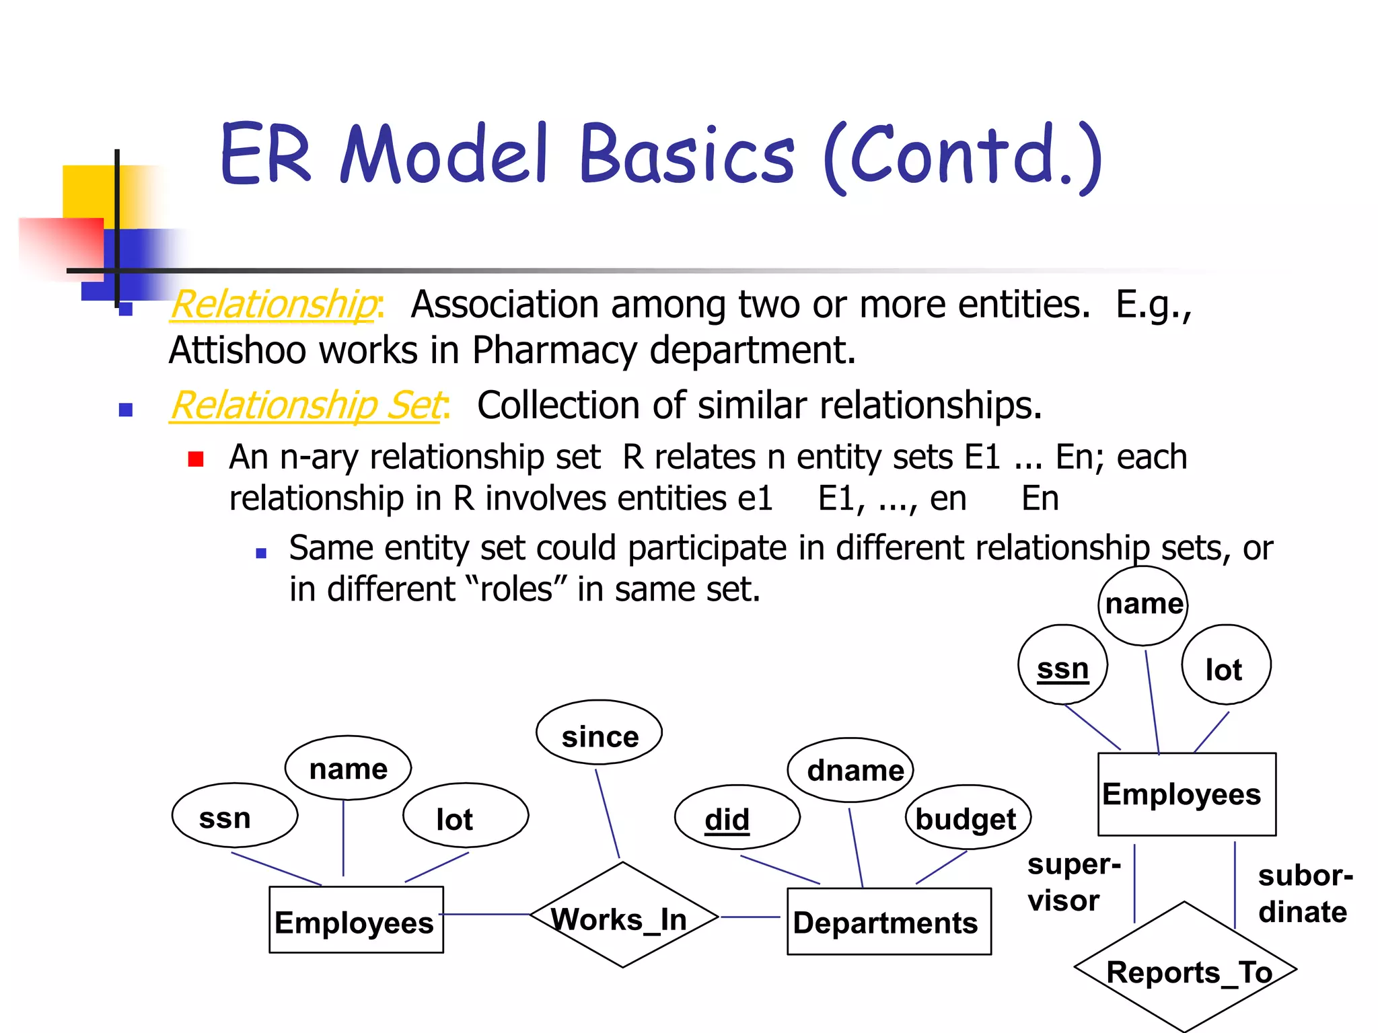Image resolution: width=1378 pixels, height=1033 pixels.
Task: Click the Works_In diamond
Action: pos(623,915)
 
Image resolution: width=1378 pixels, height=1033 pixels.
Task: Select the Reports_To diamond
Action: pos(1186,969)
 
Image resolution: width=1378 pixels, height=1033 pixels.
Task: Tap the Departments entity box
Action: pos(888,921)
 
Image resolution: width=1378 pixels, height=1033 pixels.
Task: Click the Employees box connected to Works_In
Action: pos(356,920)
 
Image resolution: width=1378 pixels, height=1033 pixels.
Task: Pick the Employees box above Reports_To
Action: pos(1186,794)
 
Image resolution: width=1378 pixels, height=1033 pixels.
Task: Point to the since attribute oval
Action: pos(599,733)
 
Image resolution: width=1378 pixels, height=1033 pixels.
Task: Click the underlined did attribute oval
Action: pos(737,818)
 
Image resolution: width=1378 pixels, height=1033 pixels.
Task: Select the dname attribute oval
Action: pos(850,770)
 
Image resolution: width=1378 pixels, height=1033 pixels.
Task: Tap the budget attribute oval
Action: pos(968,818)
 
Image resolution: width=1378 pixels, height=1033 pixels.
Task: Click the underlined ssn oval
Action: pos(1062,666)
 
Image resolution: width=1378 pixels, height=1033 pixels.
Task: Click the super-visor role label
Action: pos(1073,882)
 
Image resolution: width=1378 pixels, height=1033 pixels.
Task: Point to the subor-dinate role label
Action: pos(1303,894)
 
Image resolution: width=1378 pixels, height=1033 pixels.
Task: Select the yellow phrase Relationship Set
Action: pos(307,406)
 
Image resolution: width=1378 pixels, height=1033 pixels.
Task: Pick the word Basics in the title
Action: pos(686,155)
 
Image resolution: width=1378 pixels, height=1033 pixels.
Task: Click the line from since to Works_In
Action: pos(607,814)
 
